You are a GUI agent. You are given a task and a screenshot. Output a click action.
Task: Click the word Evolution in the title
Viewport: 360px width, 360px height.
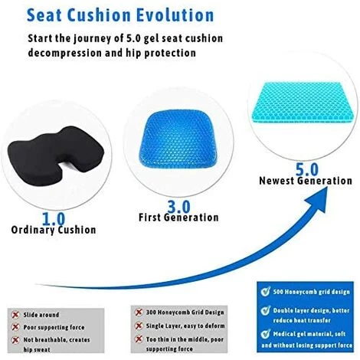point(172,15)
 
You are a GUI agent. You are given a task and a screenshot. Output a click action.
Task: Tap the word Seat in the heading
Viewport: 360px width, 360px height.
point(52,15)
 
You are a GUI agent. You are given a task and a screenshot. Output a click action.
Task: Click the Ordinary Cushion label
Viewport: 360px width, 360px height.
point(54,230)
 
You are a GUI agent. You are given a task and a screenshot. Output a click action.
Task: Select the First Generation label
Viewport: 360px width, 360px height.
point(178,218)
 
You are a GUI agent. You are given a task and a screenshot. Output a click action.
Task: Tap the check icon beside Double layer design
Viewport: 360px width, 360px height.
point(263,312)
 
